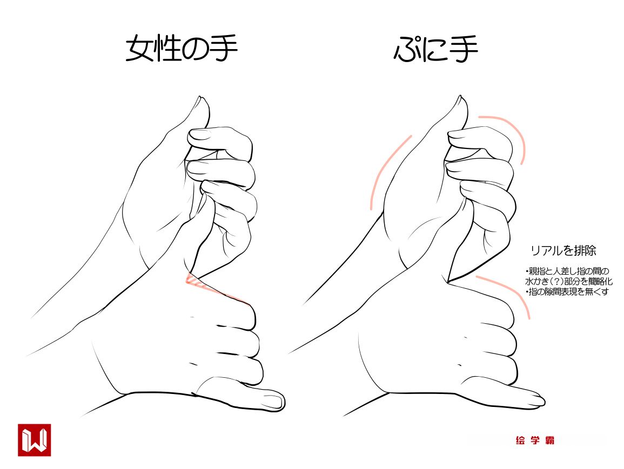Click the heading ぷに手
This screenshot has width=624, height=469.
[x=436, y=49]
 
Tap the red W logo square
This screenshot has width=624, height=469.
[x=34, y=440]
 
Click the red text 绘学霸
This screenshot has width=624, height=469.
[x=534, y=440]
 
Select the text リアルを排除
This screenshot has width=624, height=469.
[x=563, y=251]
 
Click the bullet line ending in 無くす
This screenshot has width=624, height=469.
[x=567, y=292]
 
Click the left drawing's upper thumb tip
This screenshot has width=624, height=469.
[x=200, y=97]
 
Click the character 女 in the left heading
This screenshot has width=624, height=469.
[x=140, y=49]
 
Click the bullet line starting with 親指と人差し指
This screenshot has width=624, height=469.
[x=567, y=271]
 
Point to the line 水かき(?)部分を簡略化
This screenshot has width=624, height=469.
[x=569, y=281]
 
